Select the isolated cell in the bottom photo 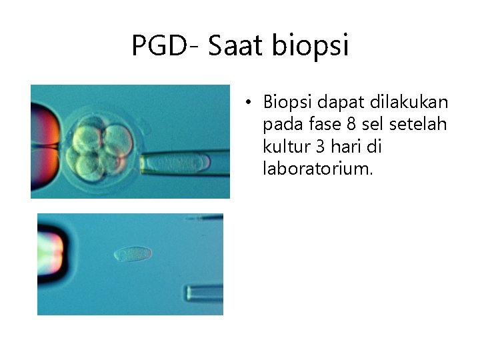(133, 253)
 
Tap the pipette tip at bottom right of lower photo (204, 293)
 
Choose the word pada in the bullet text (279, 125)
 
